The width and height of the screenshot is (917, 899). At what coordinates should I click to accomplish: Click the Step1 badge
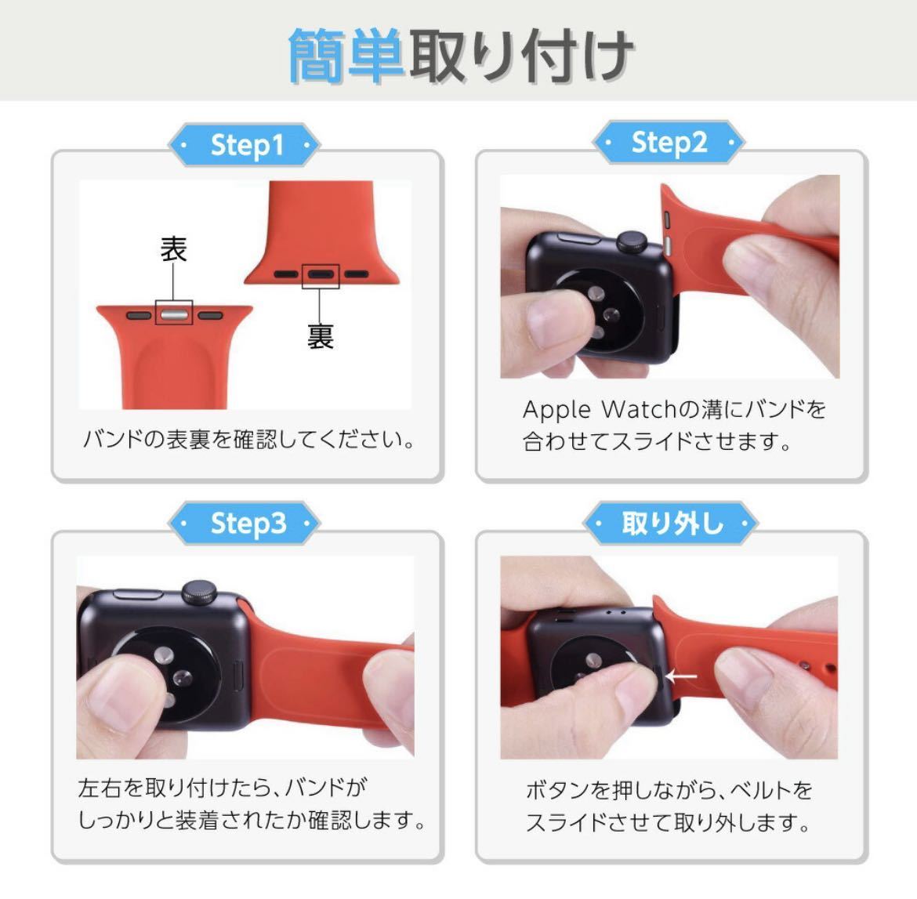tap(245, 145)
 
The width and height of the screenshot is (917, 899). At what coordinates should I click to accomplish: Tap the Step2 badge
tap(669, 143)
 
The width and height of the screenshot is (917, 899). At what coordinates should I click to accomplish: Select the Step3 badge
tap(245, 523)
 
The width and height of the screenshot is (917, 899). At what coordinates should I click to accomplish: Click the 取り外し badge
tap(671, 523)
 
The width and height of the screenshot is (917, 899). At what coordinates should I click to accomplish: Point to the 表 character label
tap(174, 249)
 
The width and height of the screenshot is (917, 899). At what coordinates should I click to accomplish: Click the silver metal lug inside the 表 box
tap(174, 316)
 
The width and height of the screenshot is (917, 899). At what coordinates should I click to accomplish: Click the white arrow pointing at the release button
tap(681, 677)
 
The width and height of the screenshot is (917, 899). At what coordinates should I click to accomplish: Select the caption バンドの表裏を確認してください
tap(248, 439)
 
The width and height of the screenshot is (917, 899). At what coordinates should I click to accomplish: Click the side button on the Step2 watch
tap(578, 238)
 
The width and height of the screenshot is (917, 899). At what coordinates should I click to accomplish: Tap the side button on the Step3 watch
tap(138, 595)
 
